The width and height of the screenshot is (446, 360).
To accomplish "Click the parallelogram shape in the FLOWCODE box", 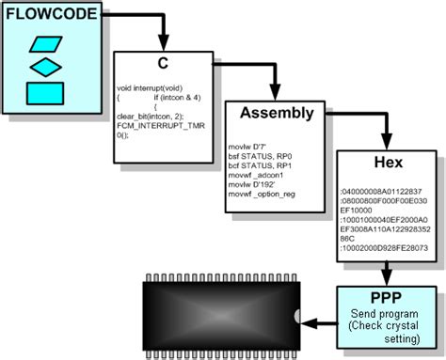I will pos(45,44).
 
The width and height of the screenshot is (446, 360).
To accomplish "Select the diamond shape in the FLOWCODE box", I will pos(45,67).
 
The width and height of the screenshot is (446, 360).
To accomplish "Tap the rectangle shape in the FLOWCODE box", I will pos(45,92).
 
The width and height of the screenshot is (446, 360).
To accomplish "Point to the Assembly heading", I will pos(276,114).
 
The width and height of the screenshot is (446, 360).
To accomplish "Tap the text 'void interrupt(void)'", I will pos(151,87).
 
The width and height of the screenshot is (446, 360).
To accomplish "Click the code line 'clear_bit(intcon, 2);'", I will pos(151,116).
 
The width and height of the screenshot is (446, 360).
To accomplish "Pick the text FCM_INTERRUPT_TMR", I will pos(159,125).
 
